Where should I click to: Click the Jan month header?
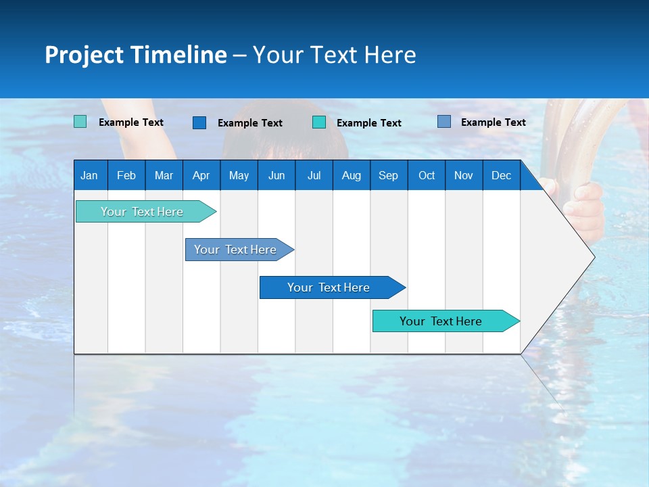(x=90, y=175)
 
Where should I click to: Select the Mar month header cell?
(x=164, y=175)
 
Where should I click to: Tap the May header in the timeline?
(x=239, y=175)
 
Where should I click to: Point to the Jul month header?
(x=314, y=175)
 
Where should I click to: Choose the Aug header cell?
(x=351, y=175)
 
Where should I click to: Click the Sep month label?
(x=389, y=175)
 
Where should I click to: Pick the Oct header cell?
(x=427, y=175)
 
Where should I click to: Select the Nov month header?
(x=464, y=175)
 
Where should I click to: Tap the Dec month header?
(x=502, y=175)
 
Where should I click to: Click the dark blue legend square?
(x=199, y=122)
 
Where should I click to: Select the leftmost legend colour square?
(x=80, y=122)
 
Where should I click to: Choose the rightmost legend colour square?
(x=444, y=122)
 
